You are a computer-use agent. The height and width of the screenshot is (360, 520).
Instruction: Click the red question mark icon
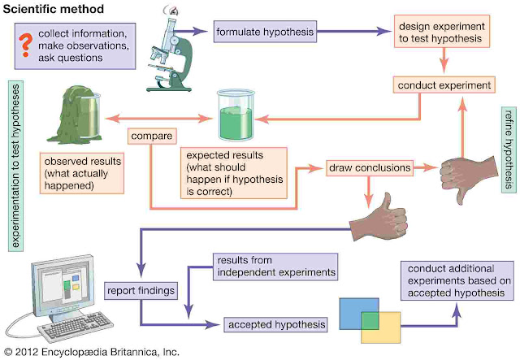click(25, 45)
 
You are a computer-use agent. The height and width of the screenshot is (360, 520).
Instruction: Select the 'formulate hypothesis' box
click(265, 32)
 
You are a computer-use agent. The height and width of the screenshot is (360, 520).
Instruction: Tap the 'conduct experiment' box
click(444, 85)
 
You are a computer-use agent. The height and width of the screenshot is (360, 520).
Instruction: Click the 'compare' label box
click(152, 136)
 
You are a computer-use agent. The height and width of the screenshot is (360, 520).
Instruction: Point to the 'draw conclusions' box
click(370, 168)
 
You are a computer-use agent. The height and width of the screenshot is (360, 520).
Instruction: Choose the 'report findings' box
click(141, 291)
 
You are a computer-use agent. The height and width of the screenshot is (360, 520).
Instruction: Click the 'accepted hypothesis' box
click(276, 324)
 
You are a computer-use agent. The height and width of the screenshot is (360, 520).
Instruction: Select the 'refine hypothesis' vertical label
click(509, 150)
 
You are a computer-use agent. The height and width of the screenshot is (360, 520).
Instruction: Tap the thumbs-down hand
click(469, 177)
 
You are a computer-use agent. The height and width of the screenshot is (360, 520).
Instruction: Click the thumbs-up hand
click(380, 218)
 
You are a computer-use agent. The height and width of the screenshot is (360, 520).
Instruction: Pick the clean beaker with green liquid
click(236, 115)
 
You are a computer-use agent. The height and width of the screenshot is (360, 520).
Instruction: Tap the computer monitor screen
click(64, 285)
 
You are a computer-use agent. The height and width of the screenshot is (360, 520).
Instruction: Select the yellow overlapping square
click(381, 327)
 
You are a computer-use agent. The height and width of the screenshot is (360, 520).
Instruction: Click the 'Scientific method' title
click(54, 9)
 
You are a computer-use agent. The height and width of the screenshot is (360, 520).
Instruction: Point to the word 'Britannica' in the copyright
click(132, 352)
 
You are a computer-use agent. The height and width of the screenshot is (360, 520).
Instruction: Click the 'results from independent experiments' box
click(275, 267)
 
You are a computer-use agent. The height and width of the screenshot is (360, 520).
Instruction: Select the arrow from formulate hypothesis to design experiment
click(354, 32)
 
